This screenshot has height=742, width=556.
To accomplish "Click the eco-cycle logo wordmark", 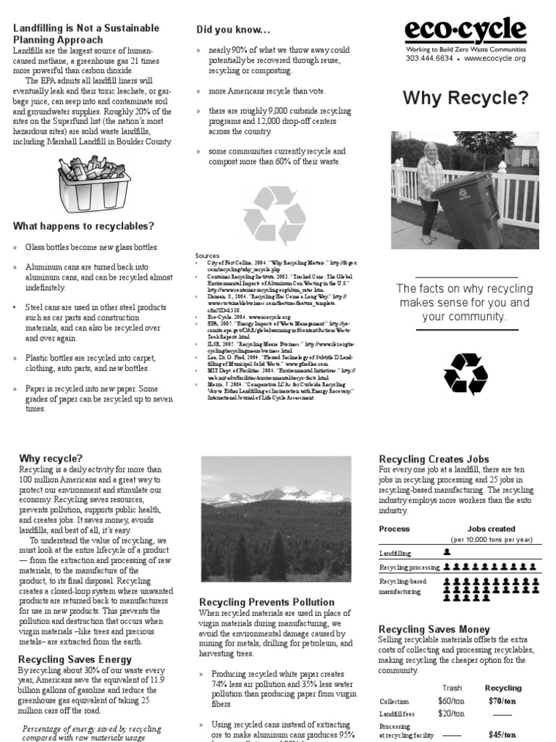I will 466,30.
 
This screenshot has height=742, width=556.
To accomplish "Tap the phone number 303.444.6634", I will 429,58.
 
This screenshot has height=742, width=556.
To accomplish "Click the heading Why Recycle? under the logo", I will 465,98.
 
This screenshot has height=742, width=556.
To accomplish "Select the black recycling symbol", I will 466,375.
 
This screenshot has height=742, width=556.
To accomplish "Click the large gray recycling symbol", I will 274,215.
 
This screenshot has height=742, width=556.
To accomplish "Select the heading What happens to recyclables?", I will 83,226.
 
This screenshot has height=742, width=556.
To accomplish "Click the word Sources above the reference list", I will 207,256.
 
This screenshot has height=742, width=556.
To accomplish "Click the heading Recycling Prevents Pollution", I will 266,602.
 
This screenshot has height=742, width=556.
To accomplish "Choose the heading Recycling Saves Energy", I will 75,659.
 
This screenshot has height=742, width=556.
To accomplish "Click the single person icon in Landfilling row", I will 447,552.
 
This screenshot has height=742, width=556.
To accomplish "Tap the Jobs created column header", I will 491,529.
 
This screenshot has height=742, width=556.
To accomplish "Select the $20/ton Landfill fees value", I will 452,714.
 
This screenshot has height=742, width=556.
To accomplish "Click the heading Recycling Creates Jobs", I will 434,459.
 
